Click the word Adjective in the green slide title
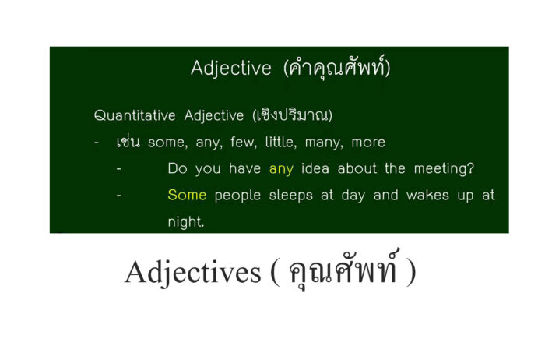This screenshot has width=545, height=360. pos(231,68)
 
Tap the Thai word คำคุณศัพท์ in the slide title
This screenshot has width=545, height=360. pos(337,68)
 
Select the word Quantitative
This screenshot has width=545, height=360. pos(135,115)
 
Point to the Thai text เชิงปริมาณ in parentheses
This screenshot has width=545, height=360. pos(292,115)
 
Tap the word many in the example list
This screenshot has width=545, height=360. pos(315,142)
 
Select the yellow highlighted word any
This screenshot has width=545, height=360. pos(281,168)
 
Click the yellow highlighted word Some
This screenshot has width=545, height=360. pos(187,195)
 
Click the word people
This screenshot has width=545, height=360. pos(239,195)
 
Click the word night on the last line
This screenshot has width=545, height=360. pos(185,221)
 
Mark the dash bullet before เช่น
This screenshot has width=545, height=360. pos(96,143)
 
